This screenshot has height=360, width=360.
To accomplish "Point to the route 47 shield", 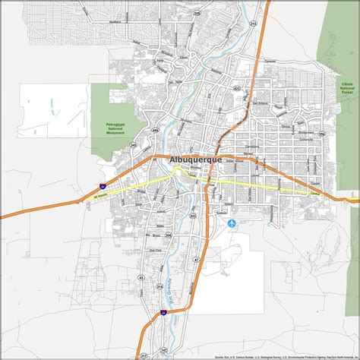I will (x=194, y=259).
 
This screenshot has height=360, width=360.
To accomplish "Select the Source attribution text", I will (x=289, y=355).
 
